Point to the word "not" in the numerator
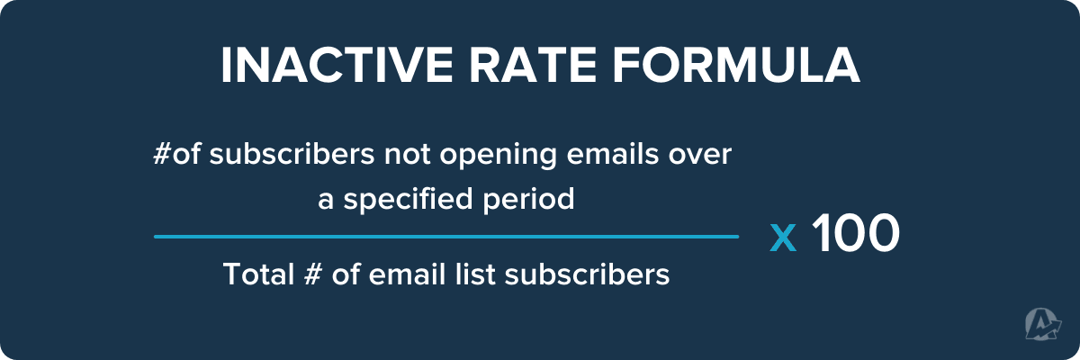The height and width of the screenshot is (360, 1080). tap(411, 156)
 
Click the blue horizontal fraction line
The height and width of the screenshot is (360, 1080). tap(445, 237)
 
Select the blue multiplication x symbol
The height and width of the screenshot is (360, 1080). tap(784, 237)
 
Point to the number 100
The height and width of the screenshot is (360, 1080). tap(855, 234)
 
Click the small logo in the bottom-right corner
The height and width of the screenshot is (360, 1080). tap(1042, 324)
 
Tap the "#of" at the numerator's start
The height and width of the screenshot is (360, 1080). tap(174, 156)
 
